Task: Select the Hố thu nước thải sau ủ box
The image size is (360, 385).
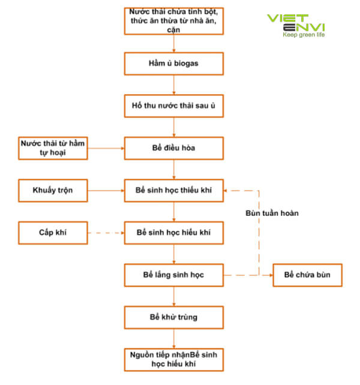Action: pos(174,106)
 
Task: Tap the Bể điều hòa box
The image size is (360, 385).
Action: pos(174,148)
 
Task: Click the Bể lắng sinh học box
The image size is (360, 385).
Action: pos(174,275)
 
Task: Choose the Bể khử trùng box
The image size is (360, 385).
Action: pos(174,316)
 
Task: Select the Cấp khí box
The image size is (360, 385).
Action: pos(53,232)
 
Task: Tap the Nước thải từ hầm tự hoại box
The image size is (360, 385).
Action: pos(53,148)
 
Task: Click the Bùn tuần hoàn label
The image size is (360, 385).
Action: pos(272,213)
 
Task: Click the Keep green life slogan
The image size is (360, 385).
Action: pos(304,35)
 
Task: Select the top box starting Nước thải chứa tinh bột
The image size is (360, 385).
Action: pos(174,21)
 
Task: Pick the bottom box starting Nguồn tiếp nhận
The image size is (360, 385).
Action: pos(174,359)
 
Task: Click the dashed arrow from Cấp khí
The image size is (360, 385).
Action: pos(106,232)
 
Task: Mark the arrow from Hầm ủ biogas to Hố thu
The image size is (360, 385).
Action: pos(174,85)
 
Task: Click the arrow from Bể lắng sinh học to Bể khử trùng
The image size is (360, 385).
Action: pos(174,295)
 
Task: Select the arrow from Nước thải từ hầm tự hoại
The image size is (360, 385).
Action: pos(106,148)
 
